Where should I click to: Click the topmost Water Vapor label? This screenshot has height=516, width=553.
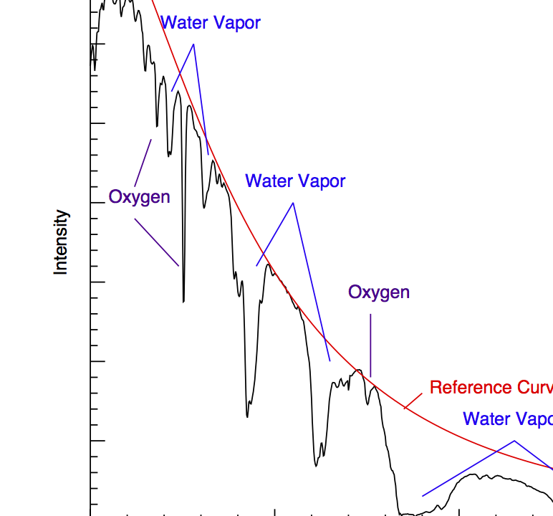pos(210,23)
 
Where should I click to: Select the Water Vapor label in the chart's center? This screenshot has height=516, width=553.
pos(295,181)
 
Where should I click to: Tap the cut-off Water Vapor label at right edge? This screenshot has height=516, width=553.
pos(507,419)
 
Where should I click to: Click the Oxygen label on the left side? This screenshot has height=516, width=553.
pos(140,197)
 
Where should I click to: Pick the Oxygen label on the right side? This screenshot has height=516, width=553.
pos(379,292)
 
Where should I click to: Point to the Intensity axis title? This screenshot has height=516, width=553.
pos(62,242)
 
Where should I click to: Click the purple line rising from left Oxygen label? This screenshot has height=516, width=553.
pos(143,162)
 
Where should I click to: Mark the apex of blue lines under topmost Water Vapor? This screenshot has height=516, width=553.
pos(194,44)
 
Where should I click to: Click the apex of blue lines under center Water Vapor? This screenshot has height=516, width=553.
pos(293,203)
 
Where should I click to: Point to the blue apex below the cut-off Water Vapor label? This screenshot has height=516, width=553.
pos(514,441)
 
